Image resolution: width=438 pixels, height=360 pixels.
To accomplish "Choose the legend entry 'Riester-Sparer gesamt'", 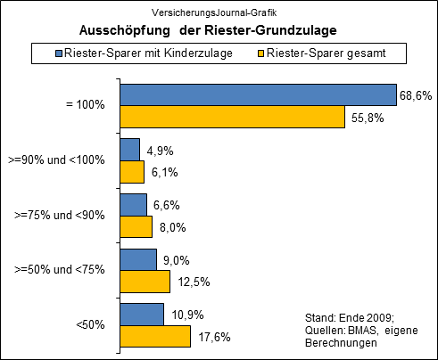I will point(335,54).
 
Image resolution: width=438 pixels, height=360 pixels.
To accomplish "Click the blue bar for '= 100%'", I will point(258,94).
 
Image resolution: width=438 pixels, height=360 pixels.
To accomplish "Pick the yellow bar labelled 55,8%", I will point(232,117).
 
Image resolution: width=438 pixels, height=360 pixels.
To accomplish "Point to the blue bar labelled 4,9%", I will point(130,150).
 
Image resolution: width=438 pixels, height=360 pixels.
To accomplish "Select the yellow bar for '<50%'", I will point(155,337).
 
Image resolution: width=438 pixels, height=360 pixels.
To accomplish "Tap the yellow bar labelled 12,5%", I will point(145,282).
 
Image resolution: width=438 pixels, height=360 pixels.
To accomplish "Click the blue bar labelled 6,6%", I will point(134,205).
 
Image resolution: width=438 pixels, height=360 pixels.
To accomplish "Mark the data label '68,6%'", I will point(416,94).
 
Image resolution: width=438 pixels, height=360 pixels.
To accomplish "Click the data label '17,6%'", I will point(211,338).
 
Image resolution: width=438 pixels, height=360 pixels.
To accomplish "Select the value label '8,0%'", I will point(171,227).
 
